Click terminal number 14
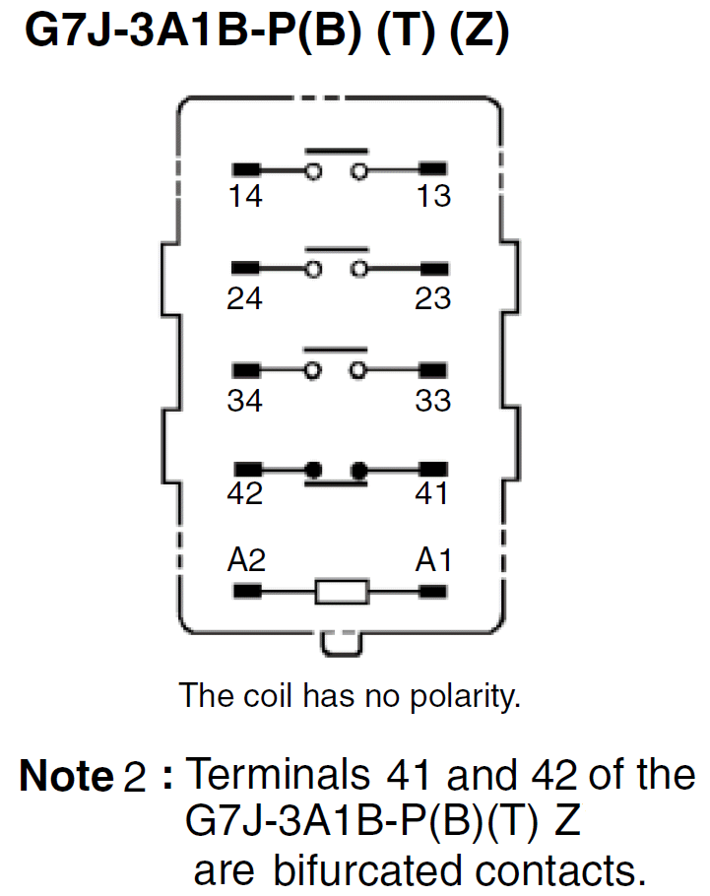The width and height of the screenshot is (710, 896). click(x=245, y=196)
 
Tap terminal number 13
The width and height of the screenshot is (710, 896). click(x=433, y=196)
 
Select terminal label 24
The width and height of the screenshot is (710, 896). click(x=245, y=298)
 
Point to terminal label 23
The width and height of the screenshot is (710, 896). click(x=433, y=298)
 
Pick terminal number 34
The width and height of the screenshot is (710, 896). click(x=245, y=401)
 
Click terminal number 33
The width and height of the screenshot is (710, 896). click(x=433, y=401)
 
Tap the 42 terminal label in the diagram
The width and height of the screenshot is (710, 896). click(x=245, y=493)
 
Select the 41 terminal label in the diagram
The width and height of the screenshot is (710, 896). click(x=433, y=493)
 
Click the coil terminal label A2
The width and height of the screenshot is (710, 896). click(x=246, y=560)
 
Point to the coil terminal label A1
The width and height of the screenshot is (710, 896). click(x=434, y=560)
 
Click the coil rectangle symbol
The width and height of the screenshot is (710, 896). click(x=342, y=592)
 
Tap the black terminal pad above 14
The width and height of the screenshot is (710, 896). click(x=246, y=170)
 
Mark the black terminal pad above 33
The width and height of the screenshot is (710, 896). click(x=434, y=371)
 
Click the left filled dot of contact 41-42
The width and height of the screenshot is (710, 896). click(x=314, y=471)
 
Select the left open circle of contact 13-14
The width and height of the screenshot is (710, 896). click(x=314, y=171)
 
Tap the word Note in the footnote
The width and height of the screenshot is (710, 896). click(x=66, y=777)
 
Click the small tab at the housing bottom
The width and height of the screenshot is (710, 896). click(x=341, y=645)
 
